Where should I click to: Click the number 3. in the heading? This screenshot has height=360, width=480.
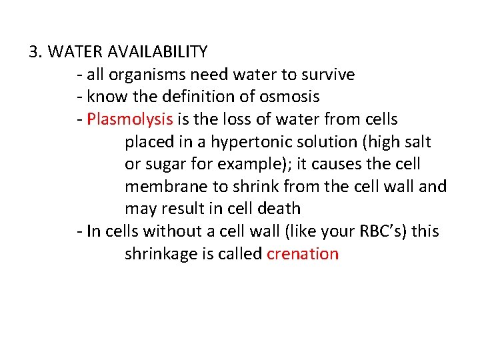point(37,51)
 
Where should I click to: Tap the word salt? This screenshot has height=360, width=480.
point(417,142)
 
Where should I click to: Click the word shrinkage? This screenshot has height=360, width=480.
point(159,254)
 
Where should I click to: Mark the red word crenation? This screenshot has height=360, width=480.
point(303,254)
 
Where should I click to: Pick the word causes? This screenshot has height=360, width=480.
point(352,164)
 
